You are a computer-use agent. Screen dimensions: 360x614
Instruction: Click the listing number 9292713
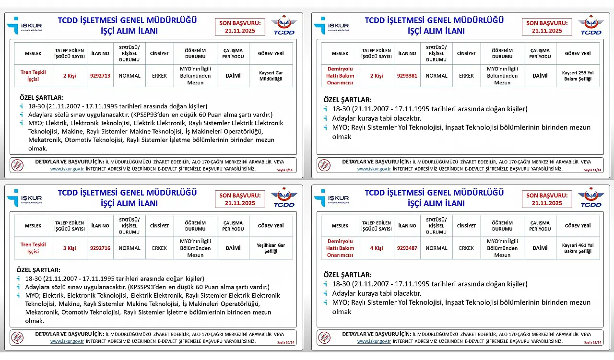[x=100, y=76]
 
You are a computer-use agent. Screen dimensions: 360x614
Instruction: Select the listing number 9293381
[x=407, y=76]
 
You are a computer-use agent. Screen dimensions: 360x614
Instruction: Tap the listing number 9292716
[x=100, y=248]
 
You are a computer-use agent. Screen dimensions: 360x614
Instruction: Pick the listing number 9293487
[x=407, y=248]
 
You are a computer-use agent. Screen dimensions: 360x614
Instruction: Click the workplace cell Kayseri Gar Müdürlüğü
[x=271, y=76]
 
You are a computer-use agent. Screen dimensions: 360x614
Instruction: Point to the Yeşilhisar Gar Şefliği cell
[x=271, y=248]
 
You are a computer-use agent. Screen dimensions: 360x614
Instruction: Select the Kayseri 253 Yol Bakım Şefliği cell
[x=578, y=76]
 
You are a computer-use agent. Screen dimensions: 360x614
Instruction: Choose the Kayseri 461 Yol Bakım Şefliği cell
[x=578, y=248]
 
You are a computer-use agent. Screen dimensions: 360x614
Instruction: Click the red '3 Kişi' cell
[x=70, y=248]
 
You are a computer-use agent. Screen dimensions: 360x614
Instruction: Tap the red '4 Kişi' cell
[x=377, y=248]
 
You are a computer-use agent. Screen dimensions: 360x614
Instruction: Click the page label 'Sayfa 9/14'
[x=285, y=170]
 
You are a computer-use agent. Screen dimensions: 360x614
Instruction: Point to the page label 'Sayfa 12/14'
[x=592, y=343]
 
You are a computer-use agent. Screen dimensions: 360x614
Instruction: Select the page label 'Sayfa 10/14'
[x=285, y=343]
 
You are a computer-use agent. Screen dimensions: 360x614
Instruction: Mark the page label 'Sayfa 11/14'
[x=592, y=170]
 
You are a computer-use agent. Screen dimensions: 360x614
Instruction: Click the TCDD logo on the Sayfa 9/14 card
[x=284, y=26]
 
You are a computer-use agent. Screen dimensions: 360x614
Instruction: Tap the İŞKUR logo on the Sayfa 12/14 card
[x=326, y=198]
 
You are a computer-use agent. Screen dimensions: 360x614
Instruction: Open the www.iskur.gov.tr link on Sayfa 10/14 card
[x=67, y=341]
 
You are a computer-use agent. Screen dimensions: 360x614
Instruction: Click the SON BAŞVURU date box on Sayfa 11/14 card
[x=547, y=26]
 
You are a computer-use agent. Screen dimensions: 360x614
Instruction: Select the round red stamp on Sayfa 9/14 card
[x=17, y=165]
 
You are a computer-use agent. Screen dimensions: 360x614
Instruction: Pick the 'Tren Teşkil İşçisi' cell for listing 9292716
[x=33, y=248]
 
